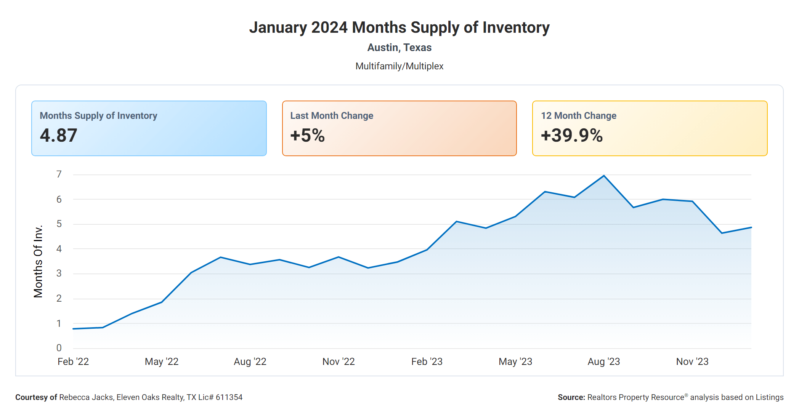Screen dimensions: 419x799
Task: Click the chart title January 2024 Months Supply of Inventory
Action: point(399,27)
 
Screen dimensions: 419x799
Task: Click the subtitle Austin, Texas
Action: point(399,48)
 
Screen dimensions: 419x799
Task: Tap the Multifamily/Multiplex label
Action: point(399,66)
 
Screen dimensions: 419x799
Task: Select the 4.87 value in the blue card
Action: point(59,136)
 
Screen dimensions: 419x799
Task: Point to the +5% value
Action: point(307,136)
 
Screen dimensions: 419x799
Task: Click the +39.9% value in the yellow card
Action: point(571,136)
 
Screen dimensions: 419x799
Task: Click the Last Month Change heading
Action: point(332,116)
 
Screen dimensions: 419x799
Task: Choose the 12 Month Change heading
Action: point(578,116)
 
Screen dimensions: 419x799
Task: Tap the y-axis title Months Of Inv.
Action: point(38,261)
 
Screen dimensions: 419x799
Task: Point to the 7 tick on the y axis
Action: point(59,174)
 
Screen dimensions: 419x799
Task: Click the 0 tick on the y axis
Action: point(59,348)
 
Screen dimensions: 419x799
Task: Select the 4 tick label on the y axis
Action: point(59,249)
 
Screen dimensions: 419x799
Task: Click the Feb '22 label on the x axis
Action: point(73,361)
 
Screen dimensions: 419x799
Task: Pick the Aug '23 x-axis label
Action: point(604,361)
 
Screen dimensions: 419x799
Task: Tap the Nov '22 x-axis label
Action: point(339,361)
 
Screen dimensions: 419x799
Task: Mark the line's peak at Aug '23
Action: point(604,176)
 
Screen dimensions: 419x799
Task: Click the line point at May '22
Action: point(162,302)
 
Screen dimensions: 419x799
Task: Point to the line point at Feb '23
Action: point(427,250)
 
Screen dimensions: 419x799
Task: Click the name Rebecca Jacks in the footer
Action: point(86,397)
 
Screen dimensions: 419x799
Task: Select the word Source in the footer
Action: point(571,397)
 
